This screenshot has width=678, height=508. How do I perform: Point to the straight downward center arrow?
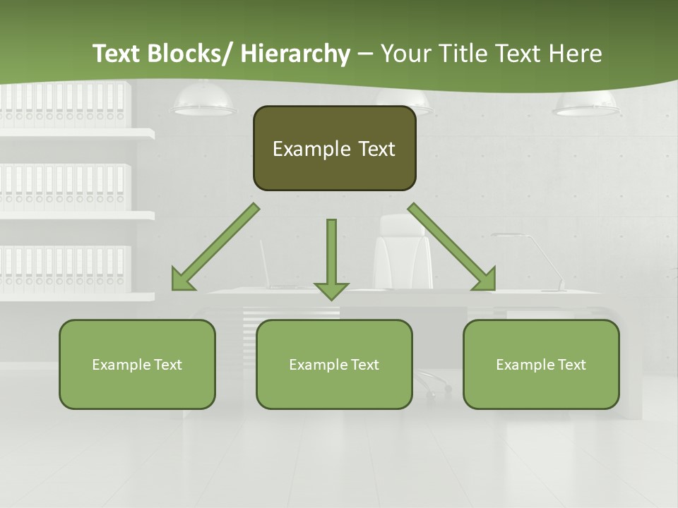click(x=331, y=258)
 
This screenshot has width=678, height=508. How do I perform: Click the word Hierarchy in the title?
click(x=295, y=54)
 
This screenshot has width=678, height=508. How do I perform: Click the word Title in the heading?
click(x=463, y=54)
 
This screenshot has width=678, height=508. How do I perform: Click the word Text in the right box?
click(x=571, y=365)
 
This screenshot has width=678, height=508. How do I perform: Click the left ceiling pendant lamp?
click(x=204, y=102)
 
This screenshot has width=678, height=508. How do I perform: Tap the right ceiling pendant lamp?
click(x=586, y=104)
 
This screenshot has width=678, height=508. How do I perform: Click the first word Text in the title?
click(x=118, y=54)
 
